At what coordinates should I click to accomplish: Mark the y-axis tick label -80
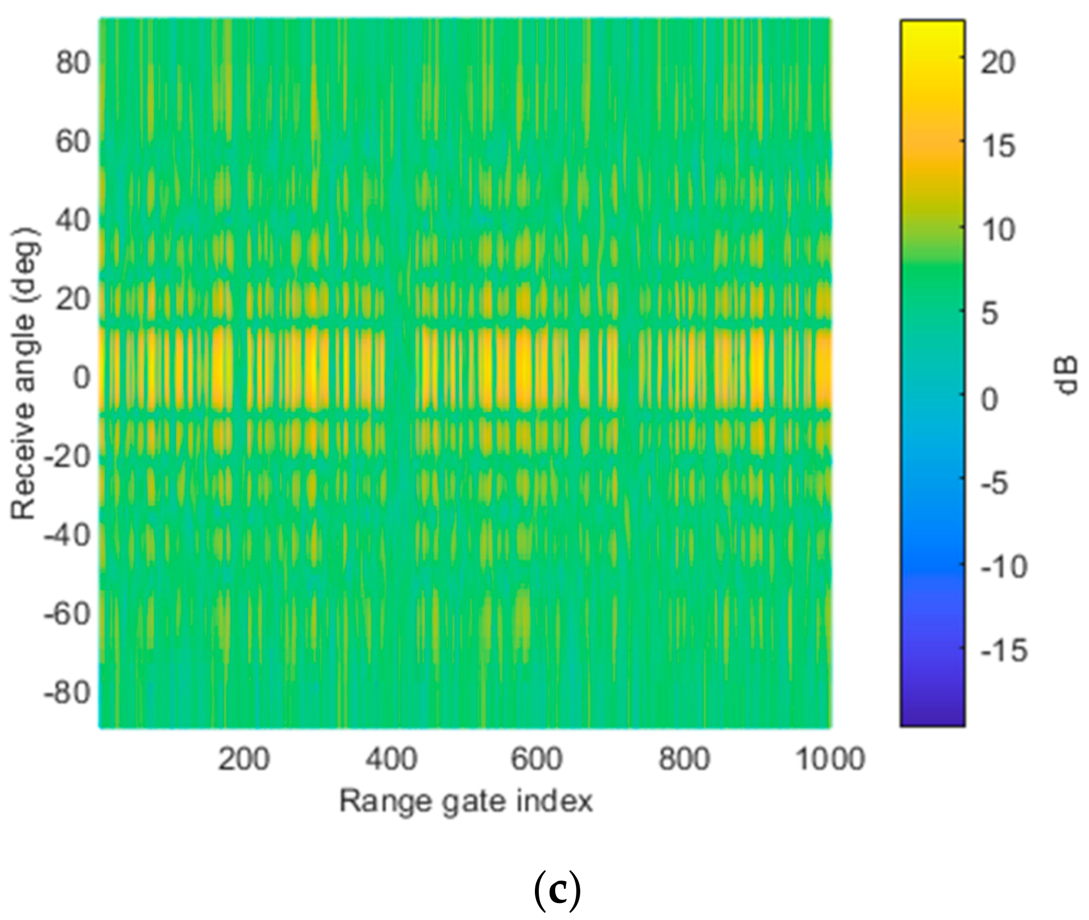(x=66, y=693)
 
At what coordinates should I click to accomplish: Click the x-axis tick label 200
(x=244, y=759)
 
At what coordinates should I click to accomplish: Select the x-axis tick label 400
(x=391, y=759)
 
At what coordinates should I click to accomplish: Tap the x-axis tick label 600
(x=537, y=759)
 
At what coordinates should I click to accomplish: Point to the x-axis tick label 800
(x=684, y=759)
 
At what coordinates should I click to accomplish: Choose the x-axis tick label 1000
(x=829, y=759)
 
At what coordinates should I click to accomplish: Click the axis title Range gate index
(x=466, y=801)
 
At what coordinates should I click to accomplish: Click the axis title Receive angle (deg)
(x=24, y=374)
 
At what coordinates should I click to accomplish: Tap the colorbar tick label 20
(x=997, y=63)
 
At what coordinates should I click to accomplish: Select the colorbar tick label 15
(x=997, y=147)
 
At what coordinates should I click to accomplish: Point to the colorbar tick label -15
(x=1004, y=651)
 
